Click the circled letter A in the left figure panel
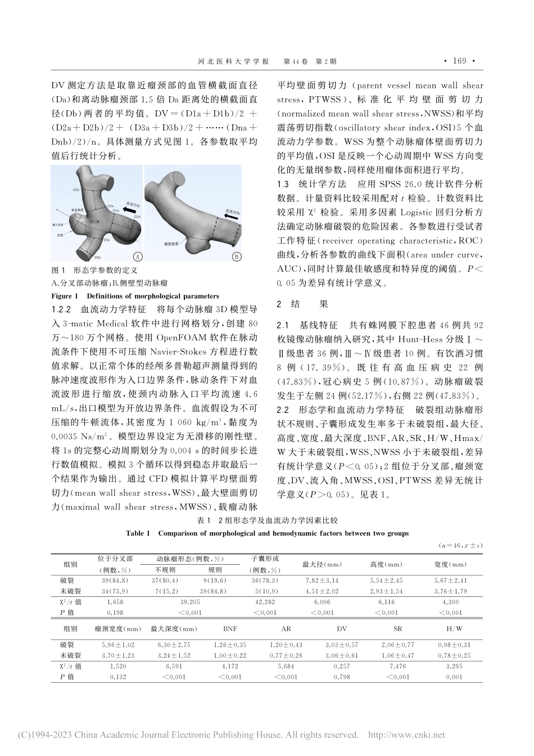coord(136,257)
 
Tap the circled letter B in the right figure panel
coord(237,257)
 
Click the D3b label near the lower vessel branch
coord(97,257)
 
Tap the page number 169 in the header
coord(459,61)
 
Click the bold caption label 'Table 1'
coord(138,533)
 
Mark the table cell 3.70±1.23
coord(118,655)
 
